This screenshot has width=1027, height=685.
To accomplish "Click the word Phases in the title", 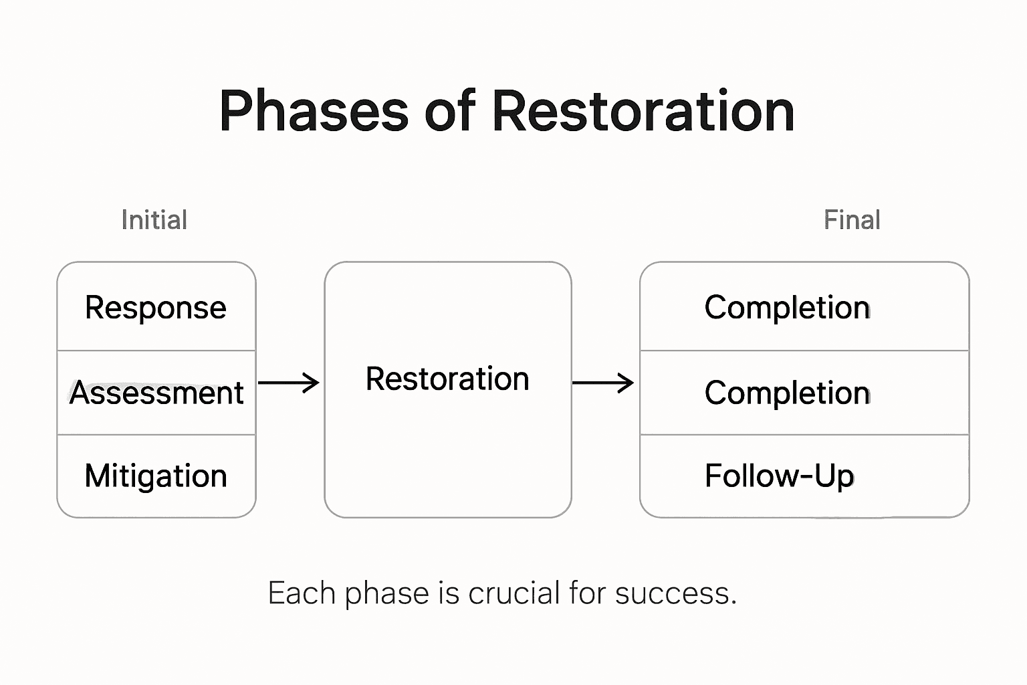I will [x=314, y=112].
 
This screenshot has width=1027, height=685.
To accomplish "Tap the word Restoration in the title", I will [x=643, y=112].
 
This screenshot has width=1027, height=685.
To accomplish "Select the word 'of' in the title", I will [x=449, y=112].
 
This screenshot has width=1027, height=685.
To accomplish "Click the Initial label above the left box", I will [x=154, y=220].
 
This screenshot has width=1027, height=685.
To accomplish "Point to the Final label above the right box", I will [x=852, y=220].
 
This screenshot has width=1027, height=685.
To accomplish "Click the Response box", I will [x=156, y=308].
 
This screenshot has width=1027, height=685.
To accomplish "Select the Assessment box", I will [x=156, y=393].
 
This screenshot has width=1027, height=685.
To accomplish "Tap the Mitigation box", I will [x=156, y=476].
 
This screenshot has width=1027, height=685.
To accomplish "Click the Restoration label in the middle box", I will [x=447, y=379].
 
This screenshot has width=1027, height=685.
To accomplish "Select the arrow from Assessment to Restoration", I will [x=289, y=383].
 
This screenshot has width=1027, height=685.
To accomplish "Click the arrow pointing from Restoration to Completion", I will [x=603, y=383].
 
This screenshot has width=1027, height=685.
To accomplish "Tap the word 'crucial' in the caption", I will [x=513, y=593].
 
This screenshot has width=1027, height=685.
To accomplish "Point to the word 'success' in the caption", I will [x=672, y=593].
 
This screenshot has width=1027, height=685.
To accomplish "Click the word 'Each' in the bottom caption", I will [x=301, y=593].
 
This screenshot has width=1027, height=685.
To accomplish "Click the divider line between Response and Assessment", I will [x=156, y=350].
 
